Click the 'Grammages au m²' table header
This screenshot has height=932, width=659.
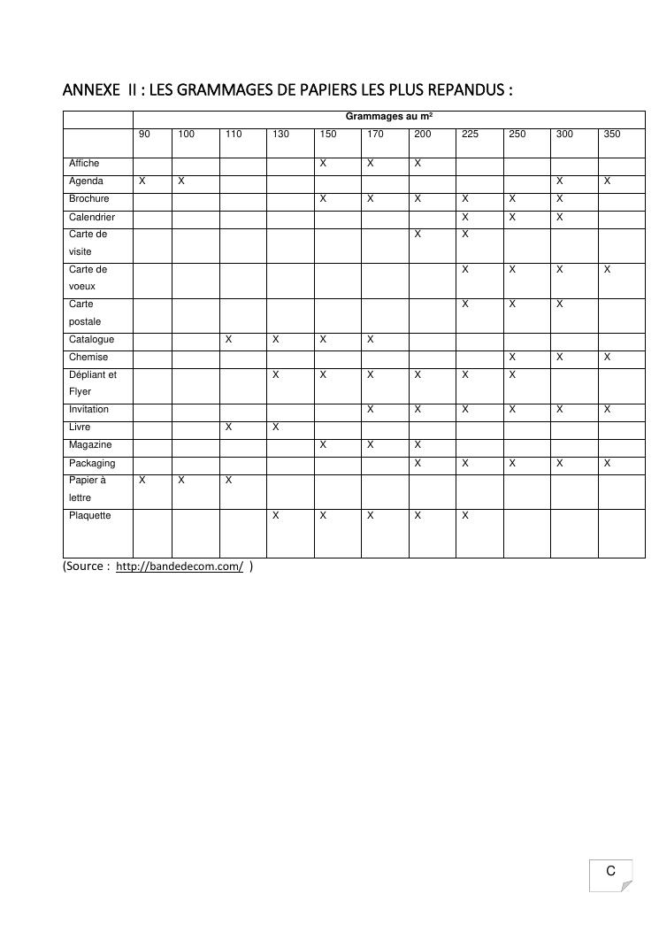[x=389, y=116]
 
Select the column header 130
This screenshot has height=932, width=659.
[x=280, y=135]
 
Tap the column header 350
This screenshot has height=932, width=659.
[x=612, y=135]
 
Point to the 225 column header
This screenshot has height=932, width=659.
[x=470, y=135]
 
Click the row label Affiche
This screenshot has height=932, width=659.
[x=84, y=164]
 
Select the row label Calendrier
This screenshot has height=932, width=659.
[x=92, y=217]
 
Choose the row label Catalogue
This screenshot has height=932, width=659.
[x=91, y=340]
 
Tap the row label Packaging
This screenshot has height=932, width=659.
[x=92, y=463]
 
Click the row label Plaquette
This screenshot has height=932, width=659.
[x=90, y=516]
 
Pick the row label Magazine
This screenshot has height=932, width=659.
[x=90, y=445]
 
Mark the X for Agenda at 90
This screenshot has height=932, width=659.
[x=142, y=181]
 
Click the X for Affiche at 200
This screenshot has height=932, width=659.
[x=418, y=164]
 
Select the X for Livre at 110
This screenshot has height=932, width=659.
[x=229, y=427]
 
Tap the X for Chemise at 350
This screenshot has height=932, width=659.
[x=608, y=358]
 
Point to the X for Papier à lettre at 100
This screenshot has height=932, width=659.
[x=181, y=481]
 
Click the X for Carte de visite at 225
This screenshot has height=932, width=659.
[x=465, y=235]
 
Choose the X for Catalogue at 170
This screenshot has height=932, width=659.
[x=371, y=340]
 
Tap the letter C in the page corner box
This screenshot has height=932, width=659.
[x=610, y=872]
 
